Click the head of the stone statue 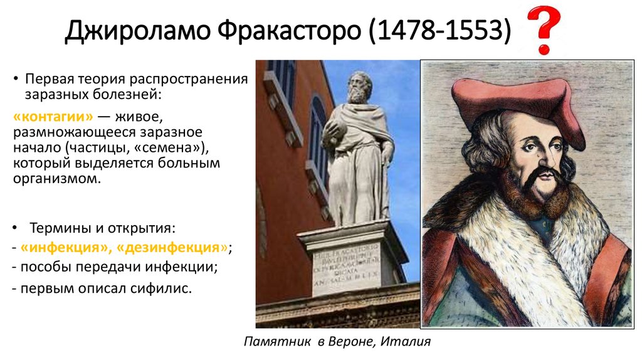pos(359,88)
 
